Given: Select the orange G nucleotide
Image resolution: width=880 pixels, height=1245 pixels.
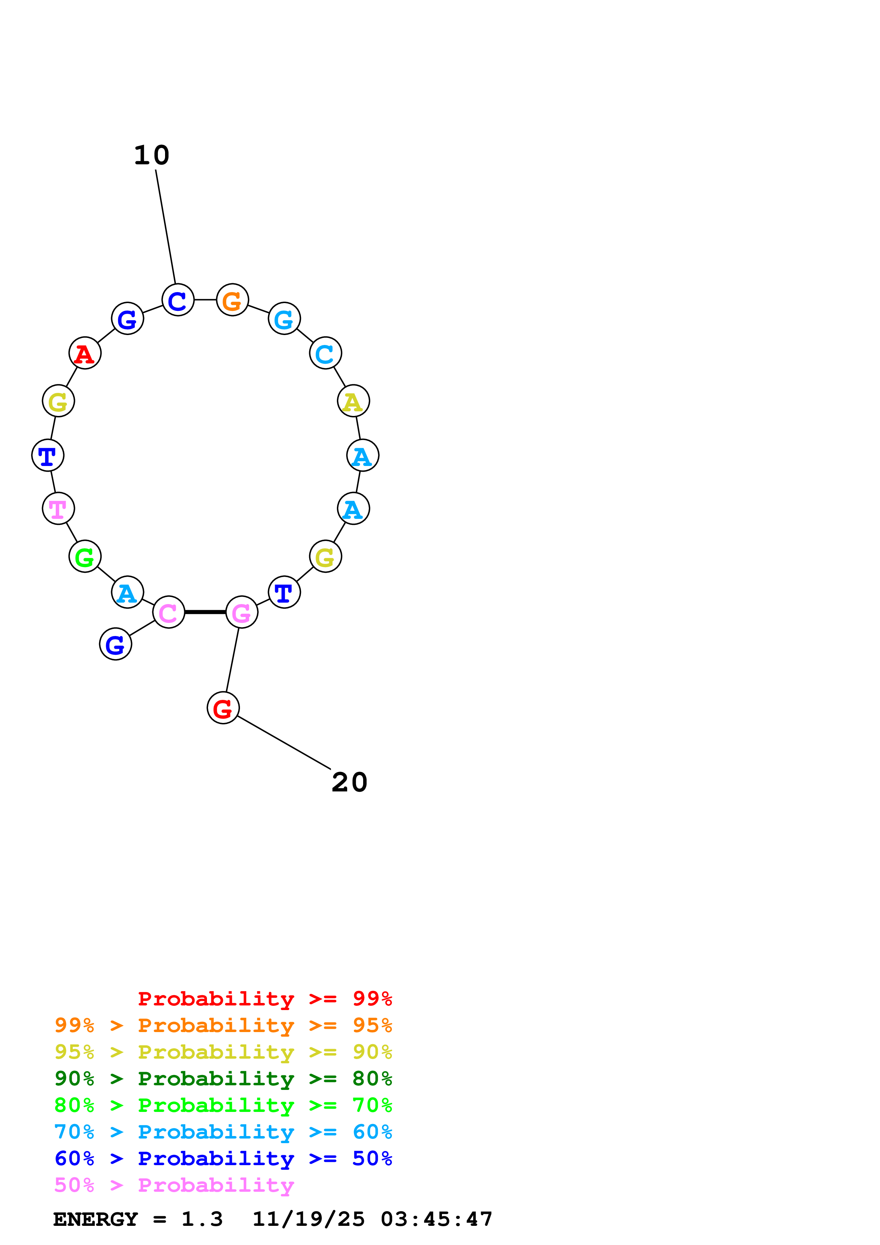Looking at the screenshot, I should point(232,300).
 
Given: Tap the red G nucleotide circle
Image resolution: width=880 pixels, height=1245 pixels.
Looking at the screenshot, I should point(223,708).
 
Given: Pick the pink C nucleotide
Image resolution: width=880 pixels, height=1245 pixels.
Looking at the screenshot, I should point(169,612).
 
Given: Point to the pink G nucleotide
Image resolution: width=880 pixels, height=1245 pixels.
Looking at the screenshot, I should point(241,612).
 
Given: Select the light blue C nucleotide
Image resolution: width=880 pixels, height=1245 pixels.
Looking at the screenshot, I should point(325,353).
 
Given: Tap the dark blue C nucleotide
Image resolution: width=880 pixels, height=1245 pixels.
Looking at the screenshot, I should point(178,300).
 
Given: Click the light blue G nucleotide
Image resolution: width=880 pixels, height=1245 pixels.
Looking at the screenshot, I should point(284,319).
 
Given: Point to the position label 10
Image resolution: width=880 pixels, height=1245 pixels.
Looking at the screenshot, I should point(152,155).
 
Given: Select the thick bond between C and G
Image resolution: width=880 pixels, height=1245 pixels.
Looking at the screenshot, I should point(205,612).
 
